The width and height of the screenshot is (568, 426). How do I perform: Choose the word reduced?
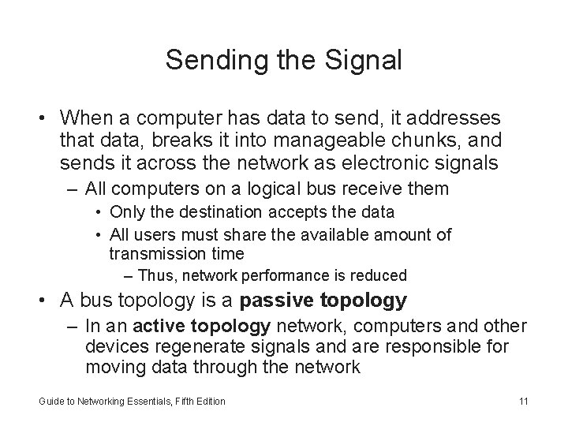[383, 276]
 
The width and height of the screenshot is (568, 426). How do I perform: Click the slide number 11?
[523, 402]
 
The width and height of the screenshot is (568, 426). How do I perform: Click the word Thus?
[150, 276]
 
